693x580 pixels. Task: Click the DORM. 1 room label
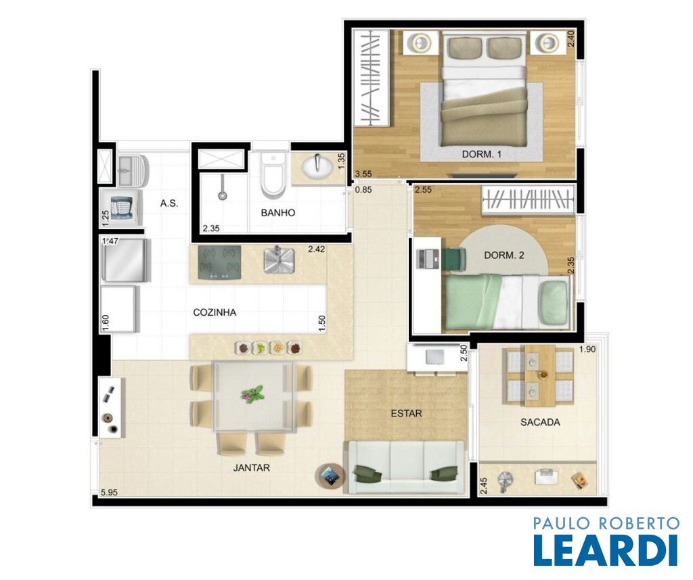(481, 155)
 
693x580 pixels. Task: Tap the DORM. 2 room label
(504, 255)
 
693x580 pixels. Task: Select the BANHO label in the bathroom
(277, 213)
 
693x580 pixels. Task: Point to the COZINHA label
(215, 312)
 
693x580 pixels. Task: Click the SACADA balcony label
(540, 422)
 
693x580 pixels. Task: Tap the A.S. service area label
(169, 203)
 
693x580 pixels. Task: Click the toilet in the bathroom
(272, 175)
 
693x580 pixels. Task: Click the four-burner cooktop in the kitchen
(219, 263)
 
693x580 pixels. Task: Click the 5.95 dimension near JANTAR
(109, 493)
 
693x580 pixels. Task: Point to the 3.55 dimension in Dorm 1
(363, 174)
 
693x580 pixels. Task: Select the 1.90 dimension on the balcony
(587, 349)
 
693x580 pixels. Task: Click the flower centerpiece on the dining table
(252, 394)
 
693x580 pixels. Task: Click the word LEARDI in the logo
(606, 550)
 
